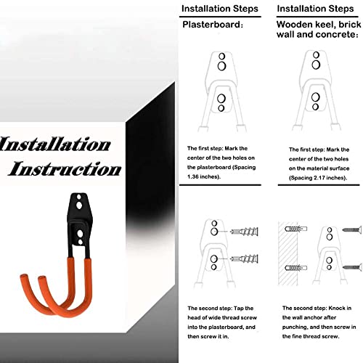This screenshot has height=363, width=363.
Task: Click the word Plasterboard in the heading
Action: pyautogui.click(x=211, y=25)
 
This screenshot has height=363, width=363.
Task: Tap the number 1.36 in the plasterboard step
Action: pyautogui.click(x=193, y=176)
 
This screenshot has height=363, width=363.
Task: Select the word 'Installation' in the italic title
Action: pyautogui.click(x=55, y=144)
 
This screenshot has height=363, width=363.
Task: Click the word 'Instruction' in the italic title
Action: pyautogui.click(x=65, y=168)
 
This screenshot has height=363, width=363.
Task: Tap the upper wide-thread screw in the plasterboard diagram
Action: pyautogui.click(x=244, y=232)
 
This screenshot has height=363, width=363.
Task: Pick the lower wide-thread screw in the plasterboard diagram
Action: pyautogui.click(x=244, y=259)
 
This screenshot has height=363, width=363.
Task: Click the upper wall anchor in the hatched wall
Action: pyautogui.click(x=296, y=229)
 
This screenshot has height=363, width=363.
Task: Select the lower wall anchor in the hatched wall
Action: pyautogui.click(x=296, y=268)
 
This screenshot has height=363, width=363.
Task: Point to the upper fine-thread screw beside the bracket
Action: pyautogui.click(x=352, y=229)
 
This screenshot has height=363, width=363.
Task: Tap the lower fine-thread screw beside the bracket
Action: pyautogui.click(x=352, y=267)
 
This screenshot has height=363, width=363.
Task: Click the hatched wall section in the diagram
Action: pyautogui.click(x=288, y=253)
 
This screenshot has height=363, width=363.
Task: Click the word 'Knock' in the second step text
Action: pyautogui.click(x=337, y=308)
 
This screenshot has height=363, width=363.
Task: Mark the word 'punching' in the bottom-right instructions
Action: pyautogui.click(x=295, y=327)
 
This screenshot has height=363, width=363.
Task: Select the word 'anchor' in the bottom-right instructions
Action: pyautogui.click(x=311, y=317)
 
